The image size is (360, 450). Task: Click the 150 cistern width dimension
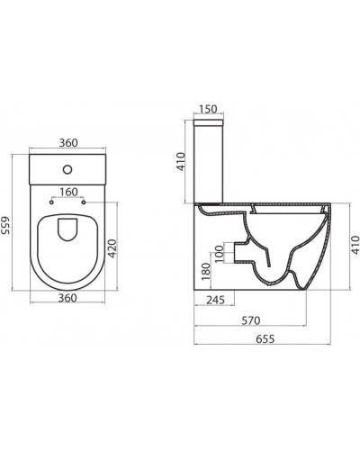[x=209, y=109]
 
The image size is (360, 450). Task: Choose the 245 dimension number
[x=214, y=301]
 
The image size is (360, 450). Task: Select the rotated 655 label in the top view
[x=8, y=221]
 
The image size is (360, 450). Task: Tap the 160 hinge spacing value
[x=68, y=191]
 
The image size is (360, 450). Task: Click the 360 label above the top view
[x=68, y=142]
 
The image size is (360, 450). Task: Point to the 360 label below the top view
[x=68, y=298]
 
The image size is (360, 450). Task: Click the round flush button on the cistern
[x=68, y=169]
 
